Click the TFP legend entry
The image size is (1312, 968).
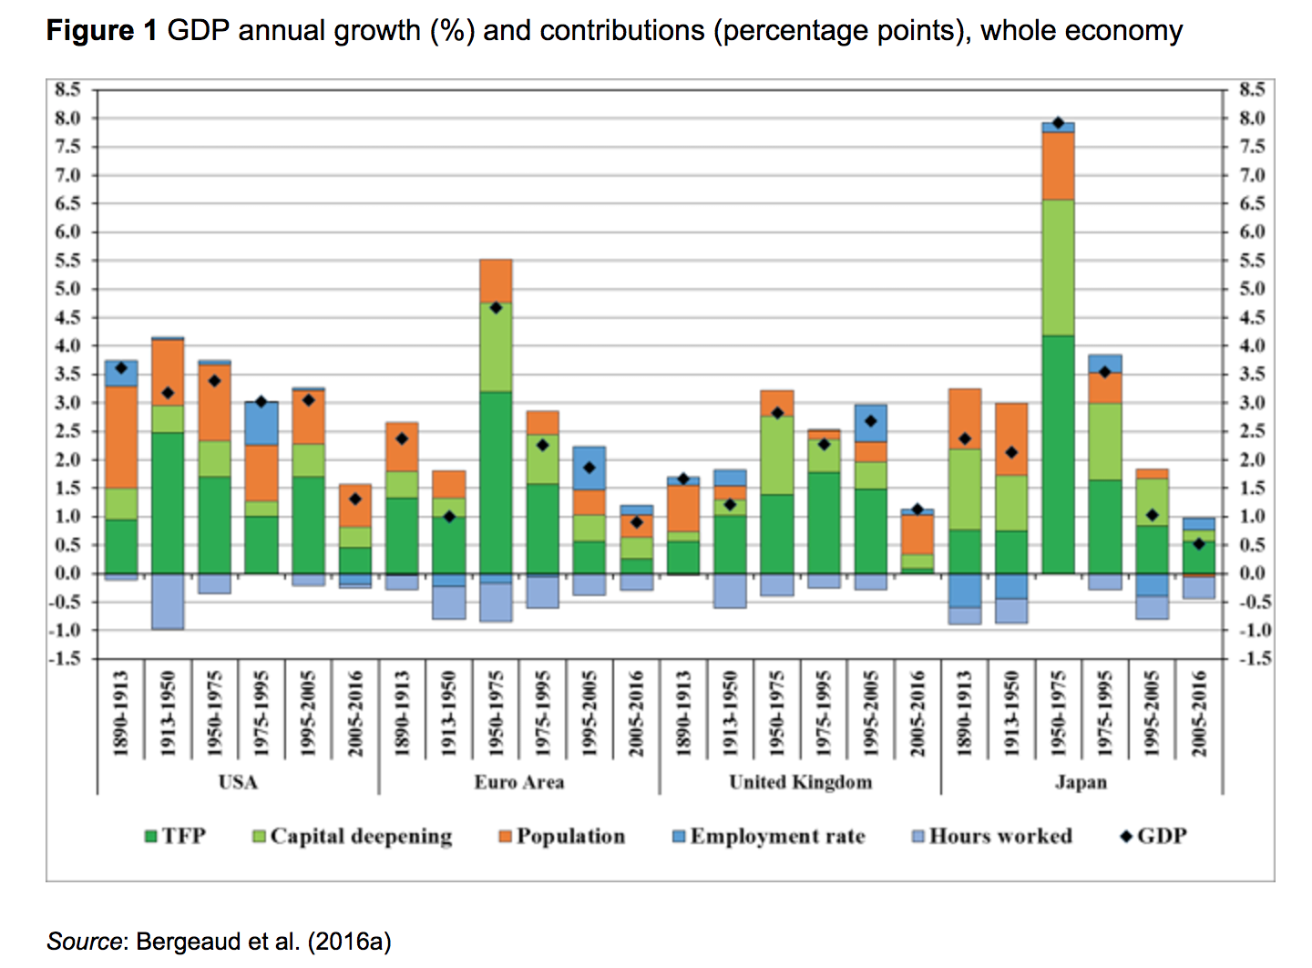pyautogui.click(x=175, y=836)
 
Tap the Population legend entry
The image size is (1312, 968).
pyautogui.click(x=562, y=836)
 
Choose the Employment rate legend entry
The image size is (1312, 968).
pyautogui.click(x=769, y=836)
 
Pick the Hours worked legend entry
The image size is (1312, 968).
pyautogui.click(x=992, y=836)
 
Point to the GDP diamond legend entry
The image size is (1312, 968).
pyautogui.click(x=1153, y=836)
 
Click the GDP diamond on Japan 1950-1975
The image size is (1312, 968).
pyautogui.click(x=1058, y=123)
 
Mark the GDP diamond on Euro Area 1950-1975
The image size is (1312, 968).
pyautogui.click(x=496, y=308)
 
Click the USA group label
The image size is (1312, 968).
pyautogui.click(x=238, y=782)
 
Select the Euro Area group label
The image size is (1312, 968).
pyautogui.click(x=518, y=782)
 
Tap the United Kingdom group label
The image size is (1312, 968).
pyautogui.click(x=800, y=782)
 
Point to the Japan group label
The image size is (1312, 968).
pyautogui.click(x=1081, y=782)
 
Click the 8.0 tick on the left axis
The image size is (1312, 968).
pyautogui.click(x=67, y=118)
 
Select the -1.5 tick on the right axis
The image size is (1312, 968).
pyautogui.click(x=1254, y=658)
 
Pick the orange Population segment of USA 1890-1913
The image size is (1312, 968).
pyautogui.click(x=121, y=437)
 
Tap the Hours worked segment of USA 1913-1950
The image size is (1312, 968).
pyautogui.click(x=168, y=601)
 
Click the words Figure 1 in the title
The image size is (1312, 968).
pyautogui.click(x=102, y=31)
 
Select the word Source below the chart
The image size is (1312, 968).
pyautogui.click(x=84, y=941)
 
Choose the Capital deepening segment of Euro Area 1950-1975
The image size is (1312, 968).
pyautogui.click(x=496, y=347)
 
